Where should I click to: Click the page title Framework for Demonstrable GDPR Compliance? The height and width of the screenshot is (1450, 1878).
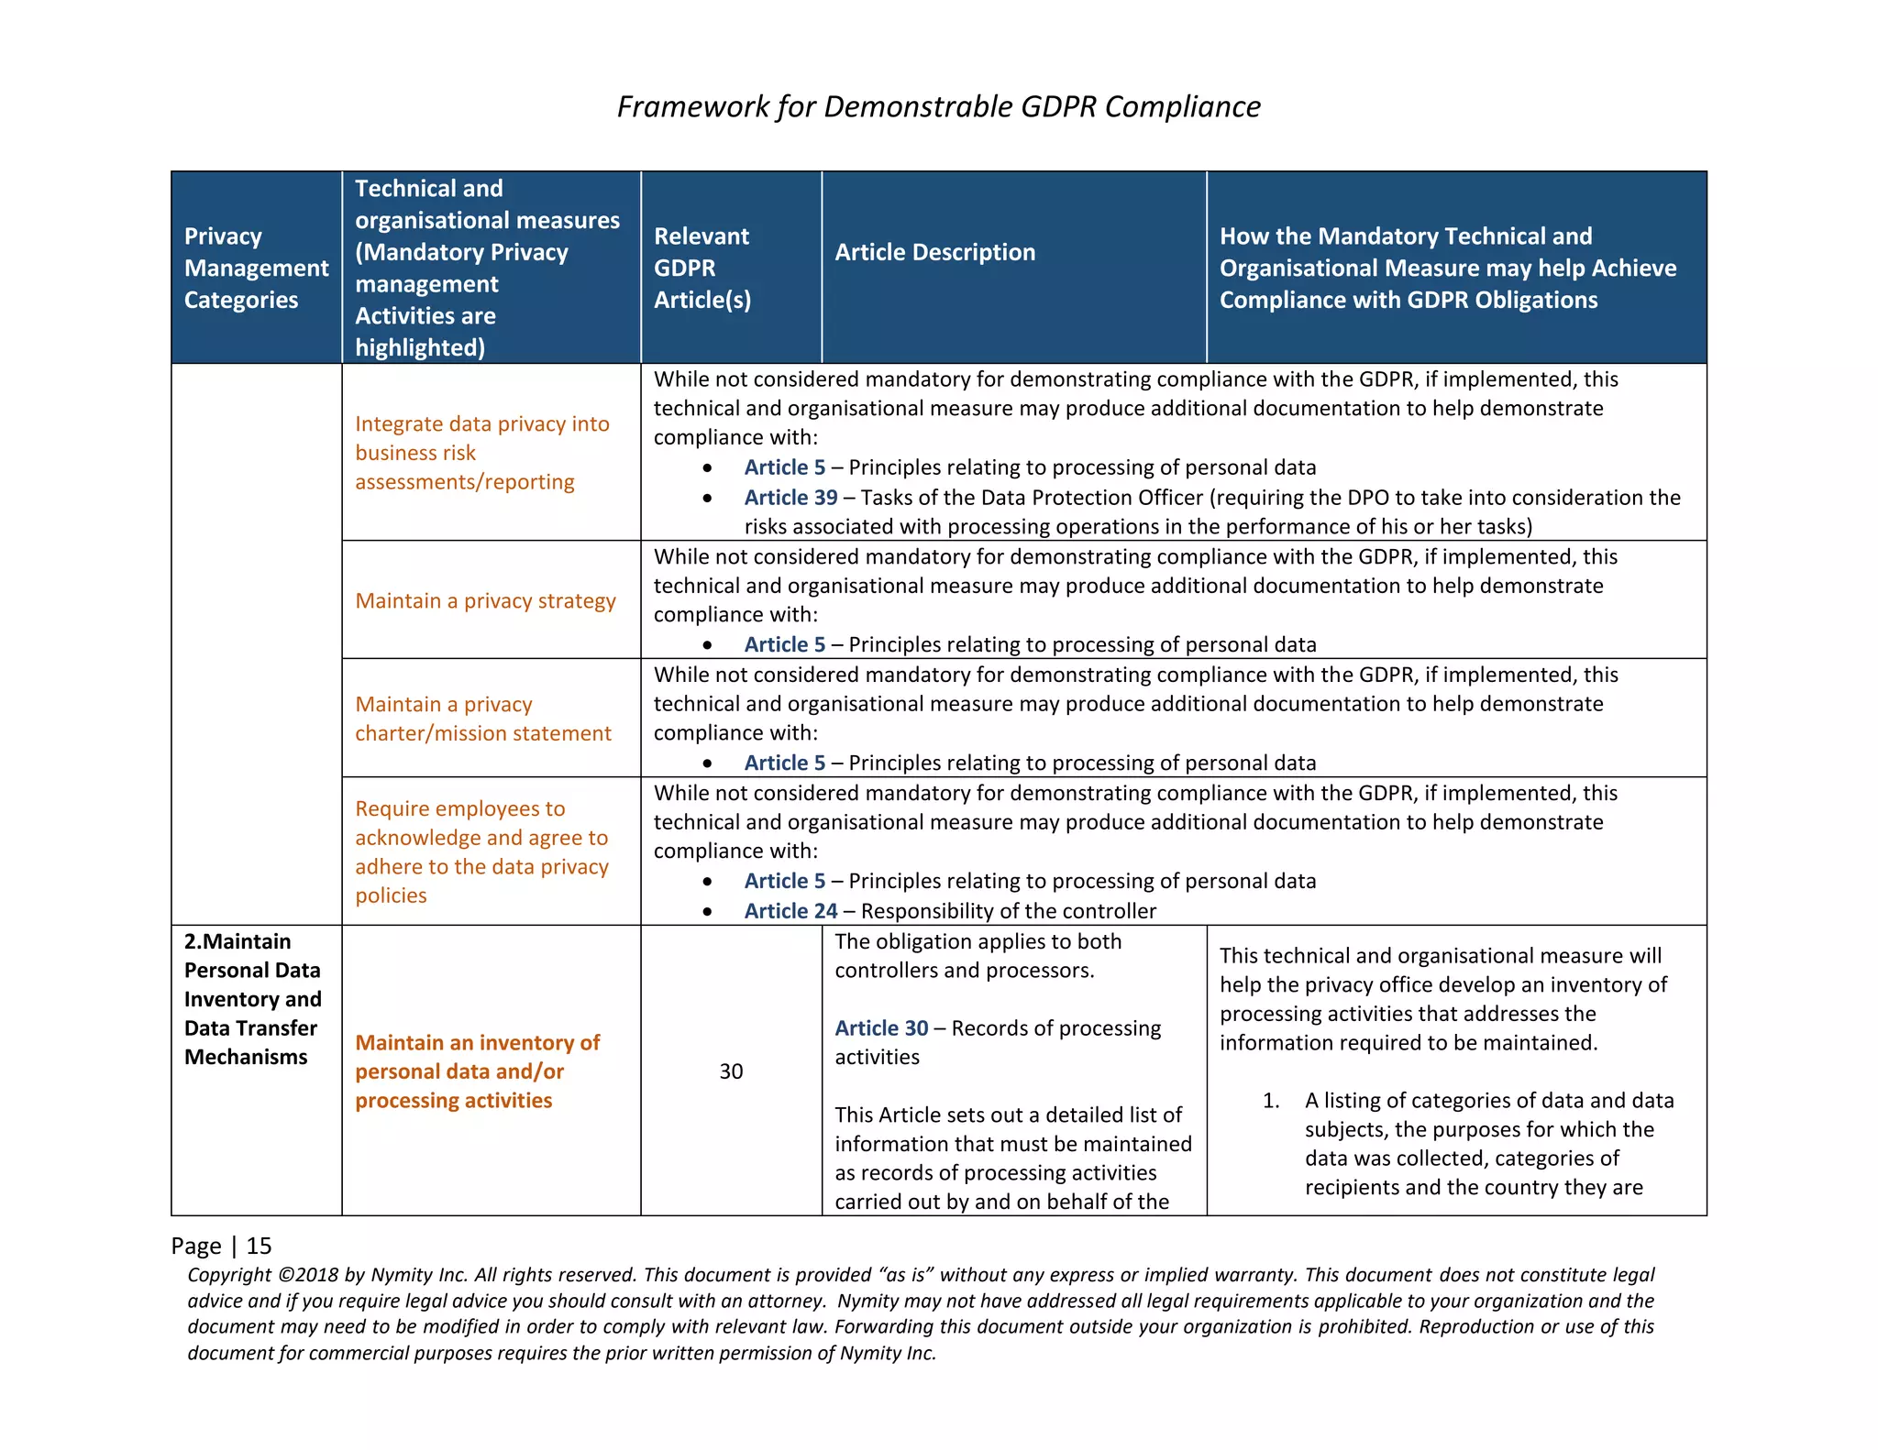point(938,106)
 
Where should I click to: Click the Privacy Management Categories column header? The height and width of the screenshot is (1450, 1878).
point(255,268)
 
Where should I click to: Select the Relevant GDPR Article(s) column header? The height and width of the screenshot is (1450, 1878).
point(701,268)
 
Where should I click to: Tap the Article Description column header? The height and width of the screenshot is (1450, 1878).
point(934,252)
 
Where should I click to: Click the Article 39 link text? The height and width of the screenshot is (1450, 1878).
point(790,498)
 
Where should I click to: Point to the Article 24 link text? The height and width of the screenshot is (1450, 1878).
point(790,911)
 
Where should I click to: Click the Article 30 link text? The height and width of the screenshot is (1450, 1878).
point(881,1028)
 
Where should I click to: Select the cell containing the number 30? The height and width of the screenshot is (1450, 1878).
point(731,1071)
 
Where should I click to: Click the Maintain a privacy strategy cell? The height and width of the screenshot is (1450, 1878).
point(485,601)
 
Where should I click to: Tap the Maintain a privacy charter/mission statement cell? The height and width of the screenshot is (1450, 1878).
point(482,719)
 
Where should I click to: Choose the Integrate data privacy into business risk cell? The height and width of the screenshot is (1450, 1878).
point(481,453)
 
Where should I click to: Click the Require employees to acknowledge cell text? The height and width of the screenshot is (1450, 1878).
point(481,851)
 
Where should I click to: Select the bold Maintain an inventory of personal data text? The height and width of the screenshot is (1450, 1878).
point(477,1071)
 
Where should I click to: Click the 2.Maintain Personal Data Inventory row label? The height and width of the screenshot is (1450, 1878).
point(252,999)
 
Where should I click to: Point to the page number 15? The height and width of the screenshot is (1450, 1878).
point(260,1246)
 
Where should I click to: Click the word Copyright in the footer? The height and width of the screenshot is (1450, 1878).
point(228,1275)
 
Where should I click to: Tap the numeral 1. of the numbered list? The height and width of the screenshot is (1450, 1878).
point(1271,1101)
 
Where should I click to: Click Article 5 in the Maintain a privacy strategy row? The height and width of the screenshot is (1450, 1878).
point(784,645)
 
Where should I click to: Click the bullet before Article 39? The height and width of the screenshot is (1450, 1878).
point(707,499)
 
